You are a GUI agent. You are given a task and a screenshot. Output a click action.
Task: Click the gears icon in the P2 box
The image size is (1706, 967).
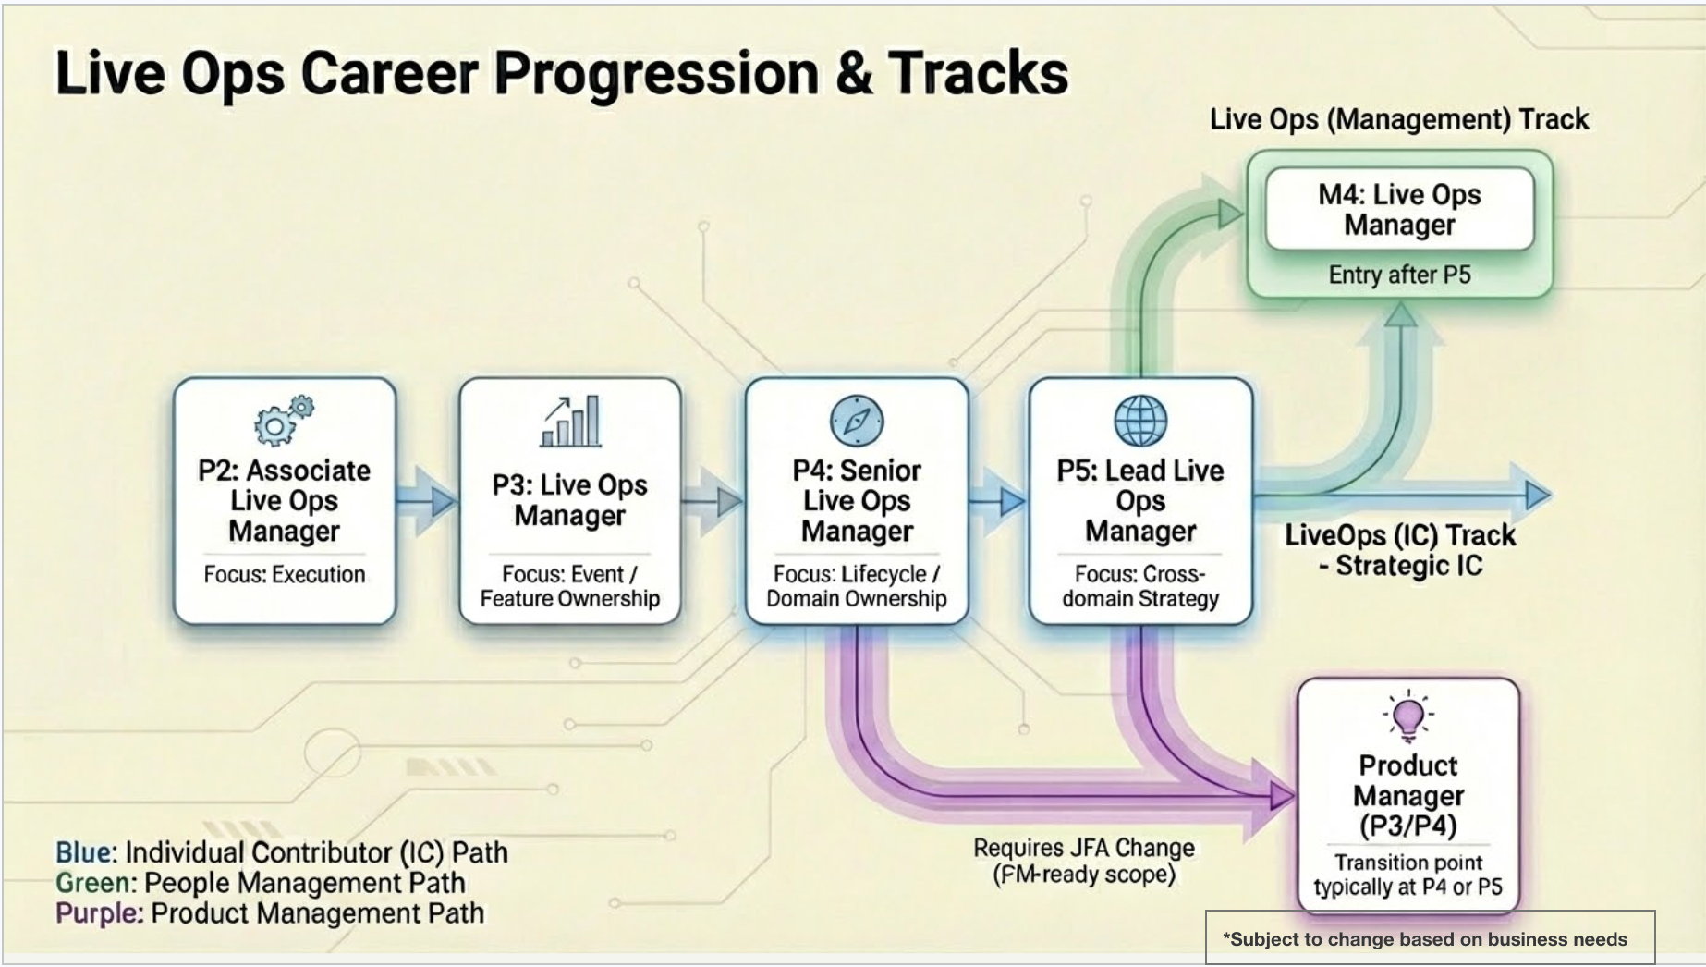(x=283, y=421)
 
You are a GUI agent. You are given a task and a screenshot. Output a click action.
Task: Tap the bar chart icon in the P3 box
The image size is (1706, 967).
(x=571, y=422)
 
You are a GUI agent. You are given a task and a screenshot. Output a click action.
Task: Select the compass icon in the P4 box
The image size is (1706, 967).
(x=857, y=421)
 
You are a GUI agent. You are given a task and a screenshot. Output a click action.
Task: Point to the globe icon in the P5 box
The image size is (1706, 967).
(x=1140, y=421)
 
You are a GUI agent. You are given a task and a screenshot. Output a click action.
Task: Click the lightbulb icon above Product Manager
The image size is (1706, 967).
(x=1408, y=716)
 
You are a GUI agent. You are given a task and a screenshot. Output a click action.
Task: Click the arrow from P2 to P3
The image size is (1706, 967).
(x=428, y=501)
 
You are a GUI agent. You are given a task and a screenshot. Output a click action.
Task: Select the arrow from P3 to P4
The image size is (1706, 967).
(x=713, y=501)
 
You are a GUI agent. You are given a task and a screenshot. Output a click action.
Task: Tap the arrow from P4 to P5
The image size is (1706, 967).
(x=999, y=501)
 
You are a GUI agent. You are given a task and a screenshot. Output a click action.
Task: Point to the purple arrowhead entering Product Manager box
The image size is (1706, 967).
(x=1281, y=795)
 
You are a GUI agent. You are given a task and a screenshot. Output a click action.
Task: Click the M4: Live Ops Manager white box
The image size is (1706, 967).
(x=1399, y=209)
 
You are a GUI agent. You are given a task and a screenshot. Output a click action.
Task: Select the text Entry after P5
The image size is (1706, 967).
(x=1399, y=275)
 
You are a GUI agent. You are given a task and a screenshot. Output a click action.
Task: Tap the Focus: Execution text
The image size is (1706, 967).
(x=285, y=574)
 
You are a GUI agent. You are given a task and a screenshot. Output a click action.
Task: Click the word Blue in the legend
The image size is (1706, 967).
(x=84, y=851)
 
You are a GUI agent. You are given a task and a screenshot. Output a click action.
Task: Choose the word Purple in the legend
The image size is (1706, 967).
(x=98, y=912)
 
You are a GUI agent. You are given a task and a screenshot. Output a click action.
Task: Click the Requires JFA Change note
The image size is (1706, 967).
(x=1083, y=861)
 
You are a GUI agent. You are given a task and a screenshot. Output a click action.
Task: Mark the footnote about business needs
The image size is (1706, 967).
(x=1430, y=939)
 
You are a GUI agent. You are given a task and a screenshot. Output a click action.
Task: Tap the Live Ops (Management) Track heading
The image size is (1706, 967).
(x=1399, y=119)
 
